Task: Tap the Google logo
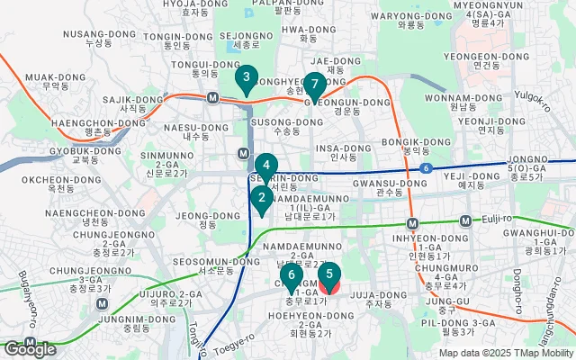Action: (30, 348)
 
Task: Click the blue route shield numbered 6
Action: (424, 168)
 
